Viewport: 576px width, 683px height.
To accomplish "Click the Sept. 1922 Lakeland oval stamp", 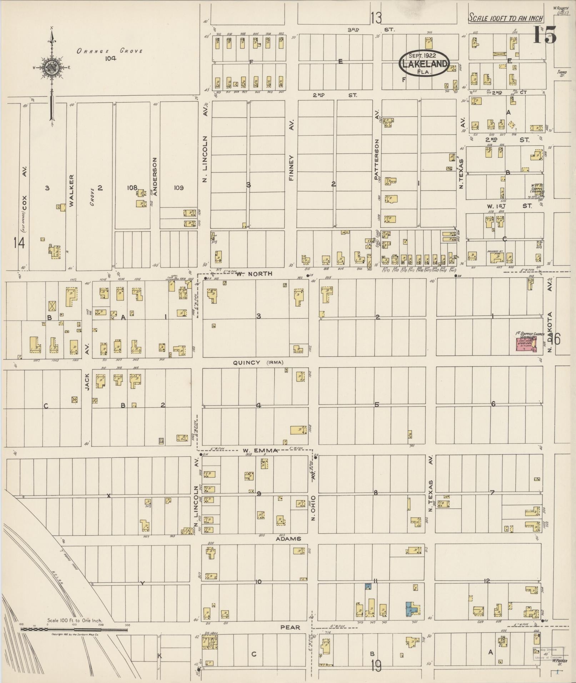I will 424,63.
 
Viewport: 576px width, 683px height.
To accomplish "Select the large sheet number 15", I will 545,35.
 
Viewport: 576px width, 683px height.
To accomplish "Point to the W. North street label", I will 254,274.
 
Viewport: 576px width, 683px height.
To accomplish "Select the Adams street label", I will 288,538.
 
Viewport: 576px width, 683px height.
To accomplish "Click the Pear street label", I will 290,627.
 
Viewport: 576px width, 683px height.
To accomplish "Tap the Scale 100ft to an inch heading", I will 506,18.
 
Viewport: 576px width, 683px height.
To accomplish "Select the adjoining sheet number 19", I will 376,666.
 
